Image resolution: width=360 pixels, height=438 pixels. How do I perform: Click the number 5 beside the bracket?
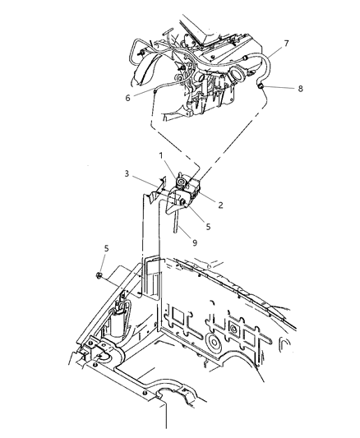click(x=209, y=226)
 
